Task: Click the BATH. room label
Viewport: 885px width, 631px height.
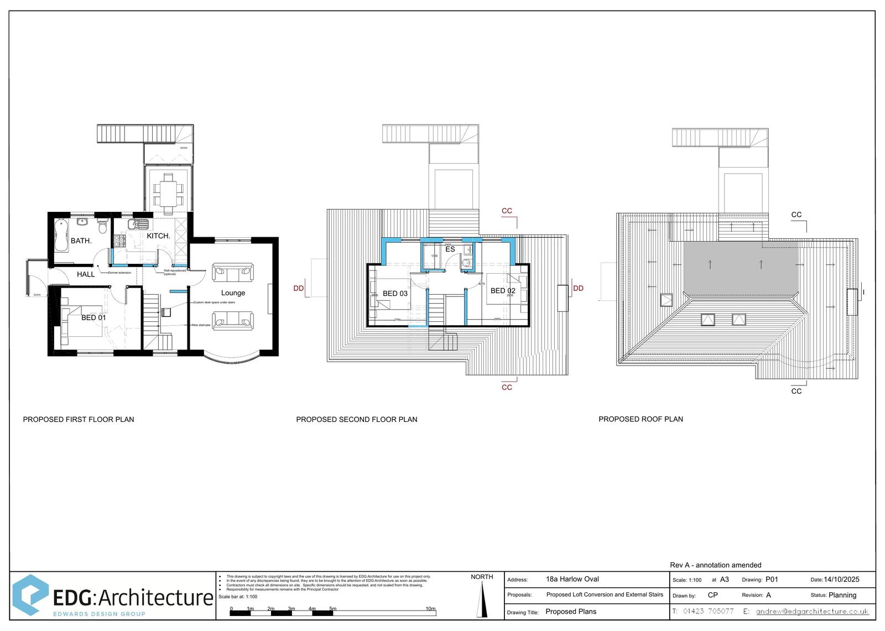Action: click(81, 241)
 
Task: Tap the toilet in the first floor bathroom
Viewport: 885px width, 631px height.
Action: click(102, 227)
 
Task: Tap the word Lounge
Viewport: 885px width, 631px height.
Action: click(233, 293)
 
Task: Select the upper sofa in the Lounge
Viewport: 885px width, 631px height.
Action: click(233, 272)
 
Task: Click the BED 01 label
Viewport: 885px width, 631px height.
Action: click(93, 317)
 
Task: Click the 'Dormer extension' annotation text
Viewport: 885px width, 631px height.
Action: click(119, 273)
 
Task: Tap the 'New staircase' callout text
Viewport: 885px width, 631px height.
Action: click(201, 325)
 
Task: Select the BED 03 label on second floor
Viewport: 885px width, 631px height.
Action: click(395, 294)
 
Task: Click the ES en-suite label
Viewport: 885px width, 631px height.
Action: click(450, 249)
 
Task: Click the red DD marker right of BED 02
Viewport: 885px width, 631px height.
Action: click(579, 288)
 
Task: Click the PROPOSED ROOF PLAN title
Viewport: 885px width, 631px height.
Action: click(641, 419)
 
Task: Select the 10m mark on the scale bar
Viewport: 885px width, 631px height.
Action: click(430, 609)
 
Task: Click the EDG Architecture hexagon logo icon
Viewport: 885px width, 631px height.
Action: click(30, 595)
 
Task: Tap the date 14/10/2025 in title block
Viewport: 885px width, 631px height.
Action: click(841, 580)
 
